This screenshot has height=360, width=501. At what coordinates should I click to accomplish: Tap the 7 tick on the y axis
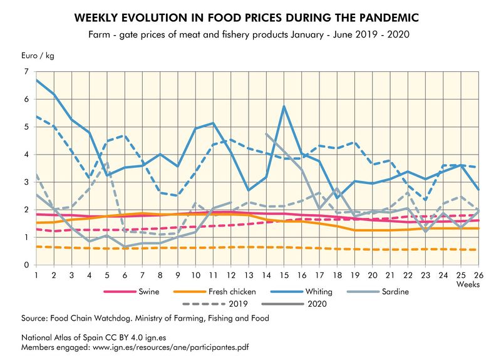tap(27, 72)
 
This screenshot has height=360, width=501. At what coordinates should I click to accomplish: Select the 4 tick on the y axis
tap(27, 155)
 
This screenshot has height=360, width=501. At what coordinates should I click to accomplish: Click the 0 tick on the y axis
tap(27, 265)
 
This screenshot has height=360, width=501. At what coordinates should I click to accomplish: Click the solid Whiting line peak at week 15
tap(284, 106)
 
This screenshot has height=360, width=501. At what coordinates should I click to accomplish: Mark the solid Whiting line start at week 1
tap(37, 80)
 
